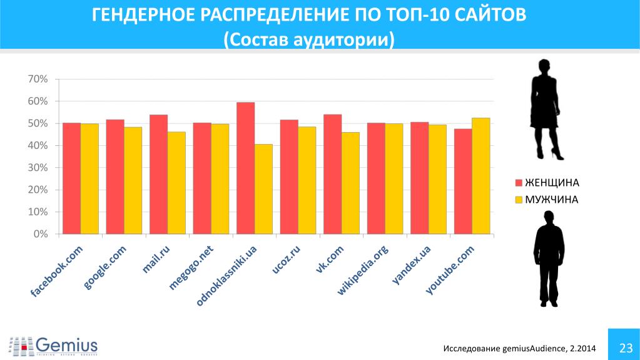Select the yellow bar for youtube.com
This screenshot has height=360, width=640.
point(480,176)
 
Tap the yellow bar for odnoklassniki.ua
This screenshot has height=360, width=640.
point(263,189)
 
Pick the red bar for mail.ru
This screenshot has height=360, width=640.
point(158,174)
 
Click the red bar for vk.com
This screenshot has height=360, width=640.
point(332,174)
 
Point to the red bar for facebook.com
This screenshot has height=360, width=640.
point(71,178)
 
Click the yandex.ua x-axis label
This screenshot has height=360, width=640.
point(412,265)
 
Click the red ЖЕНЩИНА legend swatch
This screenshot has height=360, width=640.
point(518,183)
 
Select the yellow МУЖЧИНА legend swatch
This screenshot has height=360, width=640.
point(518,200)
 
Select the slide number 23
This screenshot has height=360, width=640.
point(624,347)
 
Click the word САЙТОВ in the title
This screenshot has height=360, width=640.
point(487,15)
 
